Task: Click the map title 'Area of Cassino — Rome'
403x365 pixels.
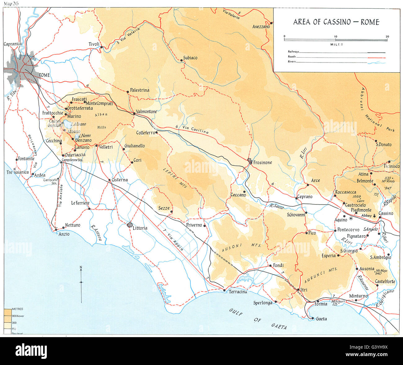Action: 336,22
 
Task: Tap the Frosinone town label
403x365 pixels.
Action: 263,163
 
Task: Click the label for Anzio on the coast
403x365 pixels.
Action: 64,234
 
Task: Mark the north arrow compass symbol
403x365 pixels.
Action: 81,282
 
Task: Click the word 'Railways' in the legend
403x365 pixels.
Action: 292,52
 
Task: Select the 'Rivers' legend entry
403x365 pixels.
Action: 291,62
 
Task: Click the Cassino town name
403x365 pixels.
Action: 386,213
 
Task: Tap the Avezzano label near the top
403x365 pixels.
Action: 261,27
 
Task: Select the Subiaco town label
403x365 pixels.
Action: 190,58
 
